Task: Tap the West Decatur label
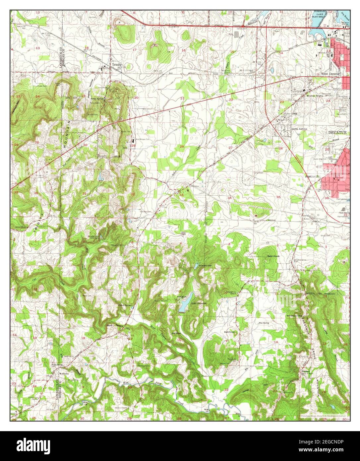pos(329,74)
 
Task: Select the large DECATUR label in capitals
pos(337,132)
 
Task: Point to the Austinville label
pos(312,177)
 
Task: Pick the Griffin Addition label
pos(299,129)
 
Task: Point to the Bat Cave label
pos(176,332)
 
